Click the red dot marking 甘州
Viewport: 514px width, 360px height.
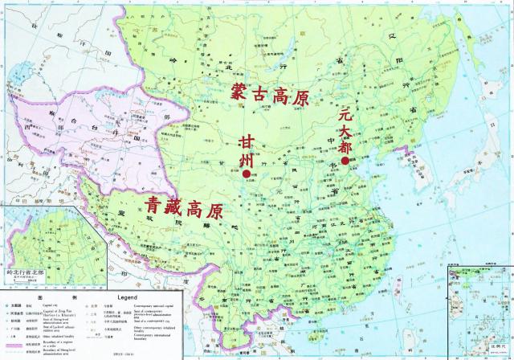point(247,172)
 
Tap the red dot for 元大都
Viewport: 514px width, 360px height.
point(344,161)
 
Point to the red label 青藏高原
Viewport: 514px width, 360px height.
point(185,209)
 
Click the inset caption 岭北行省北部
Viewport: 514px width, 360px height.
point(25,278)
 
